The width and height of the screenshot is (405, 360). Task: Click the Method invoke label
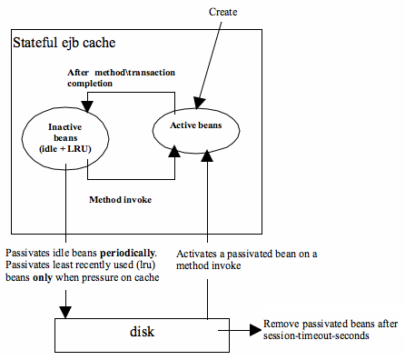(x=120, y=196)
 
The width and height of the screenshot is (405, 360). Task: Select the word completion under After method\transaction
(x=87, y=80)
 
